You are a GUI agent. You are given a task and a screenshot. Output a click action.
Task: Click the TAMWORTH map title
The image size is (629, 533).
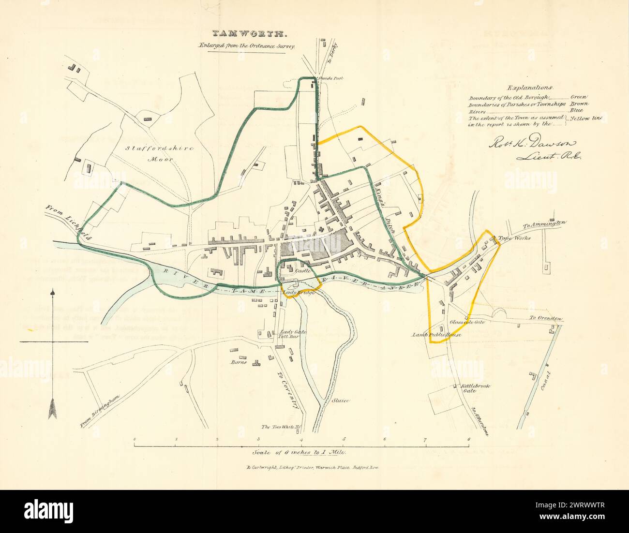251,34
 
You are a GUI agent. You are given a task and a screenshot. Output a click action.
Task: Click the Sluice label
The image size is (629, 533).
341,400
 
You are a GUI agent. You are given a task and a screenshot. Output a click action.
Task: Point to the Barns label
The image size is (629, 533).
239,361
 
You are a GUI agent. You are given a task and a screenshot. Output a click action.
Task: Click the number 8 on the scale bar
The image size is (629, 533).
468,439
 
